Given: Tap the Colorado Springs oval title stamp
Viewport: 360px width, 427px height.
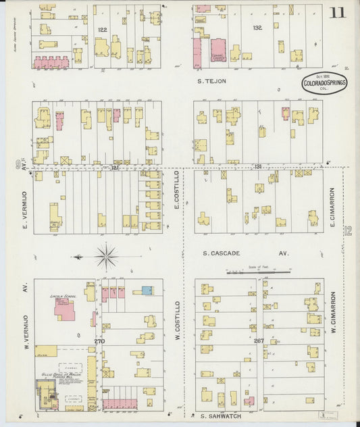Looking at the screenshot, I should pos(325,83).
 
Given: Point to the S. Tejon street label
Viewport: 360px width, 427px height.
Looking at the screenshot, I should pos(211,81).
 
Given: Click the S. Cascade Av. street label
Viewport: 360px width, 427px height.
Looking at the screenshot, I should pos(246,254).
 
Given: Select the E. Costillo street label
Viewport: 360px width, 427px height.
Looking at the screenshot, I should pos(177,191).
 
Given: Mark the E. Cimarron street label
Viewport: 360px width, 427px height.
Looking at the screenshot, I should pos(332,207).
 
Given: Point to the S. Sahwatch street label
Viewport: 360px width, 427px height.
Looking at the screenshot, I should pos(220,416).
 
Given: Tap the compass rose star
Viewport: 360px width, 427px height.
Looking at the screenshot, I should pos(106,256).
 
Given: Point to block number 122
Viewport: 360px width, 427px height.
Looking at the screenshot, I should pos(103,30).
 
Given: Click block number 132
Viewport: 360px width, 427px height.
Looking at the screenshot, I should pos(257,28).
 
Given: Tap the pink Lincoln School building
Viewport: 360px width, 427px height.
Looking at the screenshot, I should pos(65,307).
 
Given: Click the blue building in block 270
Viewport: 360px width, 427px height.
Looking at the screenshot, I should pos(147,291).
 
